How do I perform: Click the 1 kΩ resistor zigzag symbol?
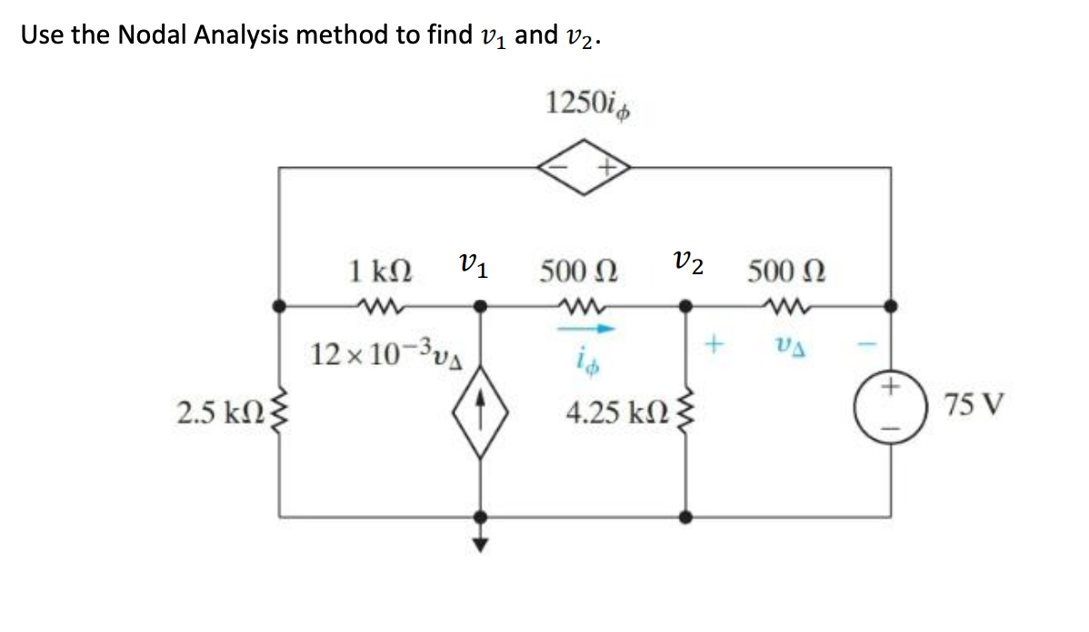tap(375, 306)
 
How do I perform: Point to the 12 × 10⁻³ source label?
tap(381, 353)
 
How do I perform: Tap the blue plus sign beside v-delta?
tap(715, 345)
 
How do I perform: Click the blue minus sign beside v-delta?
tap(871, 345)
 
